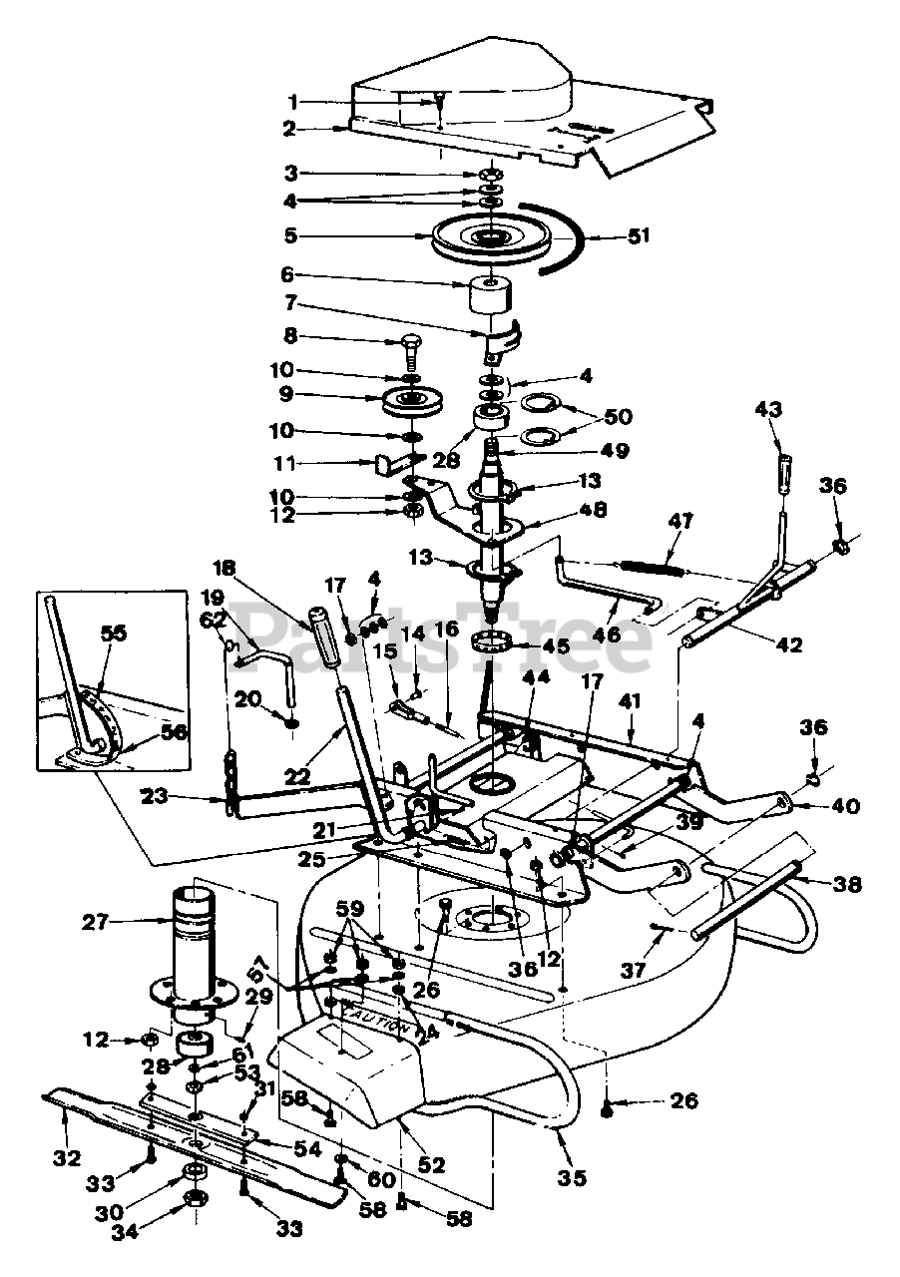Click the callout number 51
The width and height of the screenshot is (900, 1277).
[638, 236]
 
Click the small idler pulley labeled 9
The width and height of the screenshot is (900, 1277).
[413, 406]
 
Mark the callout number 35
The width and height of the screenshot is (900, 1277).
[570, 1178]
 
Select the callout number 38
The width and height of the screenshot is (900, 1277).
[850, 884]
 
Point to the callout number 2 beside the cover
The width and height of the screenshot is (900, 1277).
[288, 129]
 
